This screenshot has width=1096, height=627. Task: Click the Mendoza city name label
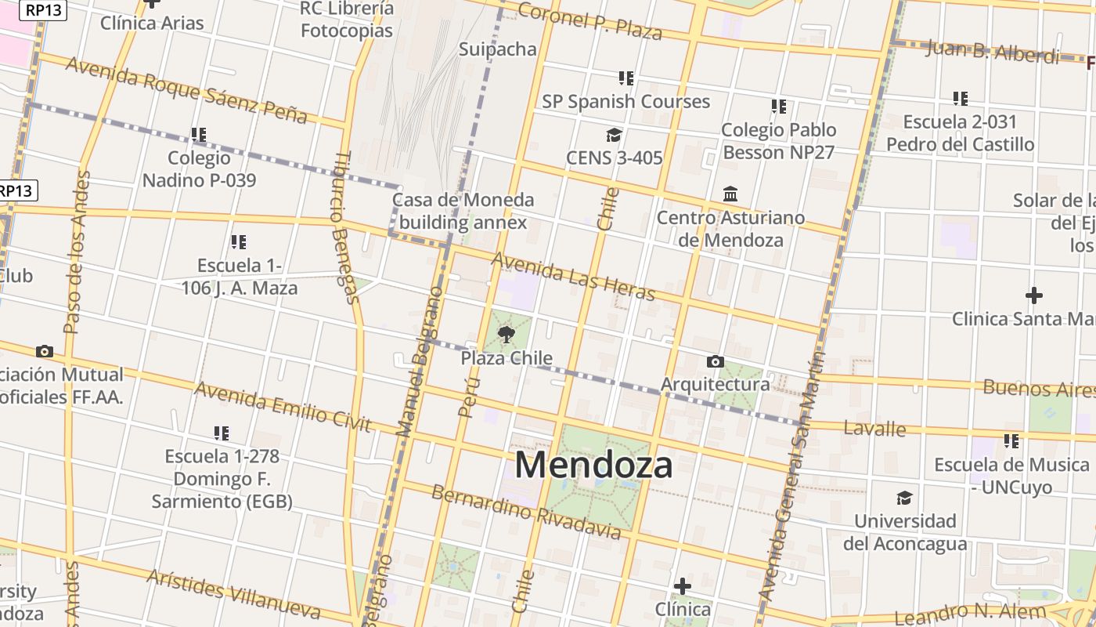(593, 465)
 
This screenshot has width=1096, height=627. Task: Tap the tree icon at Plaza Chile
(507, 335)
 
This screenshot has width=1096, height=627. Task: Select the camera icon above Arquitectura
(715, 361)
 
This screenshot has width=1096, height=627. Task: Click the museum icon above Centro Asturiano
(730, 194)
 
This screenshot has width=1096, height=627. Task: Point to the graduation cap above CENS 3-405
(614, 136)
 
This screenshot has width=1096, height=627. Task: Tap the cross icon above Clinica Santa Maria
(1033, 295)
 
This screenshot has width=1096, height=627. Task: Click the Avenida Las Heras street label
(572, 276)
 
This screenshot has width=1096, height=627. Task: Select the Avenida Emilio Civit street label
(283, 406)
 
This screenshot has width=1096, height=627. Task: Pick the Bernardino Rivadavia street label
(526, 513)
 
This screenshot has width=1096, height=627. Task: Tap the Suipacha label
(498, 49)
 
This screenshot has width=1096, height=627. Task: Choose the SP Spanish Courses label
(626, 101)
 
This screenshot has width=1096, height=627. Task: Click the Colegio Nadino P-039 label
(199, 169)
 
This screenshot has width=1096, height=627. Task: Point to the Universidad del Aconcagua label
(905, 532)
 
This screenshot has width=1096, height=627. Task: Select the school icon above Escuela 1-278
(222, 433)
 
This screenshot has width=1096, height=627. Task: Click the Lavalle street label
(875, 429)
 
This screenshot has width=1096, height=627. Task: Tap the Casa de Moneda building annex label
(463, 211)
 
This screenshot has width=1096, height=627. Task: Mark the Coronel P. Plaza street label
(590, 21)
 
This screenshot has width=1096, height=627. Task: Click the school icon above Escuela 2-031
(961, 99)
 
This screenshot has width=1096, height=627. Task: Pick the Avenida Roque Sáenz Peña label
(186, 90)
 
